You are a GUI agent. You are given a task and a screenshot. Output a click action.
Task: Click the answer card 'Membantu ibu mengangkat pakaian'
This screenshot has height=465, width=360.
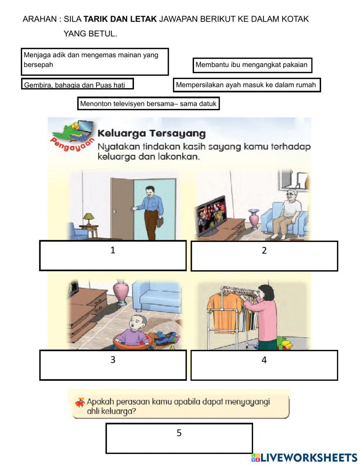coord(252,65)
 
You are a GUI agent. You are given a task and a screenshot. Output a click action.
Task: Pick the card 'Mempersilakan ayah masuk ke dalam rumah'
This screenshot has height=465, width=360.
coord(246,85)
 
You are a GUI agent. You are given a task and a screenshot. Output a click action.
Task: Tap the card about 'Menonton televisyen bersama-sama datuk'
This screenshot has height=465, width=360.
coord(148,104)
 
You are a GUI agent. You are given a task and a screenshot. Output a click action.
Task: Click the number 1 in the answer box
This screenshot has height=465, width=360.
coord(113,250)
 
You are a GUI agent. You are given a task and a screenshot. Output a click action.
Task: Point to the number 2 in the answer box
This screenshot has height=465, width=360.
coord(264,250)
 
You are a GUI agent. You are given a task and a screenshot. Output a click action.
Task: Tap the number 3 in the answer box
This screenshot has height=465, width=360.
coord(113,359)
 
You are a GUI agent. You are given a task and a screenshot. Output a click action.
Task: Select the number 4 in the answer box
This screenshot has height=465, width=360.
coord(264,360)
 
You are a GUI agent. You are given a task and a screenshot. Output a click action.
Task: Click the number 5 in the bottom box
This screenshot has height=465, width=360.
coord(179,433)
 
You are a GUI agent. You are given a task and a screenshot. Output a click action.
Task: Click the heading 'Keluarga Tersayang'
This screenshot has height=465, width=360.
coord(152,133)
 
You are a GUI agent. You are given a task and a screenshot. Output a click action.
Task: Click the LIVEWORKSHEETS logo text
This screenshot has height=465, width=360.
coord(309,457)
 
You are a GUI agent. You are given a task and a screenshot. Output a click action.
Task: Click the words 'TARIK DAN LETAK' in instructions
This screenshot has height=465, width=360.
coord(120,19)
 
